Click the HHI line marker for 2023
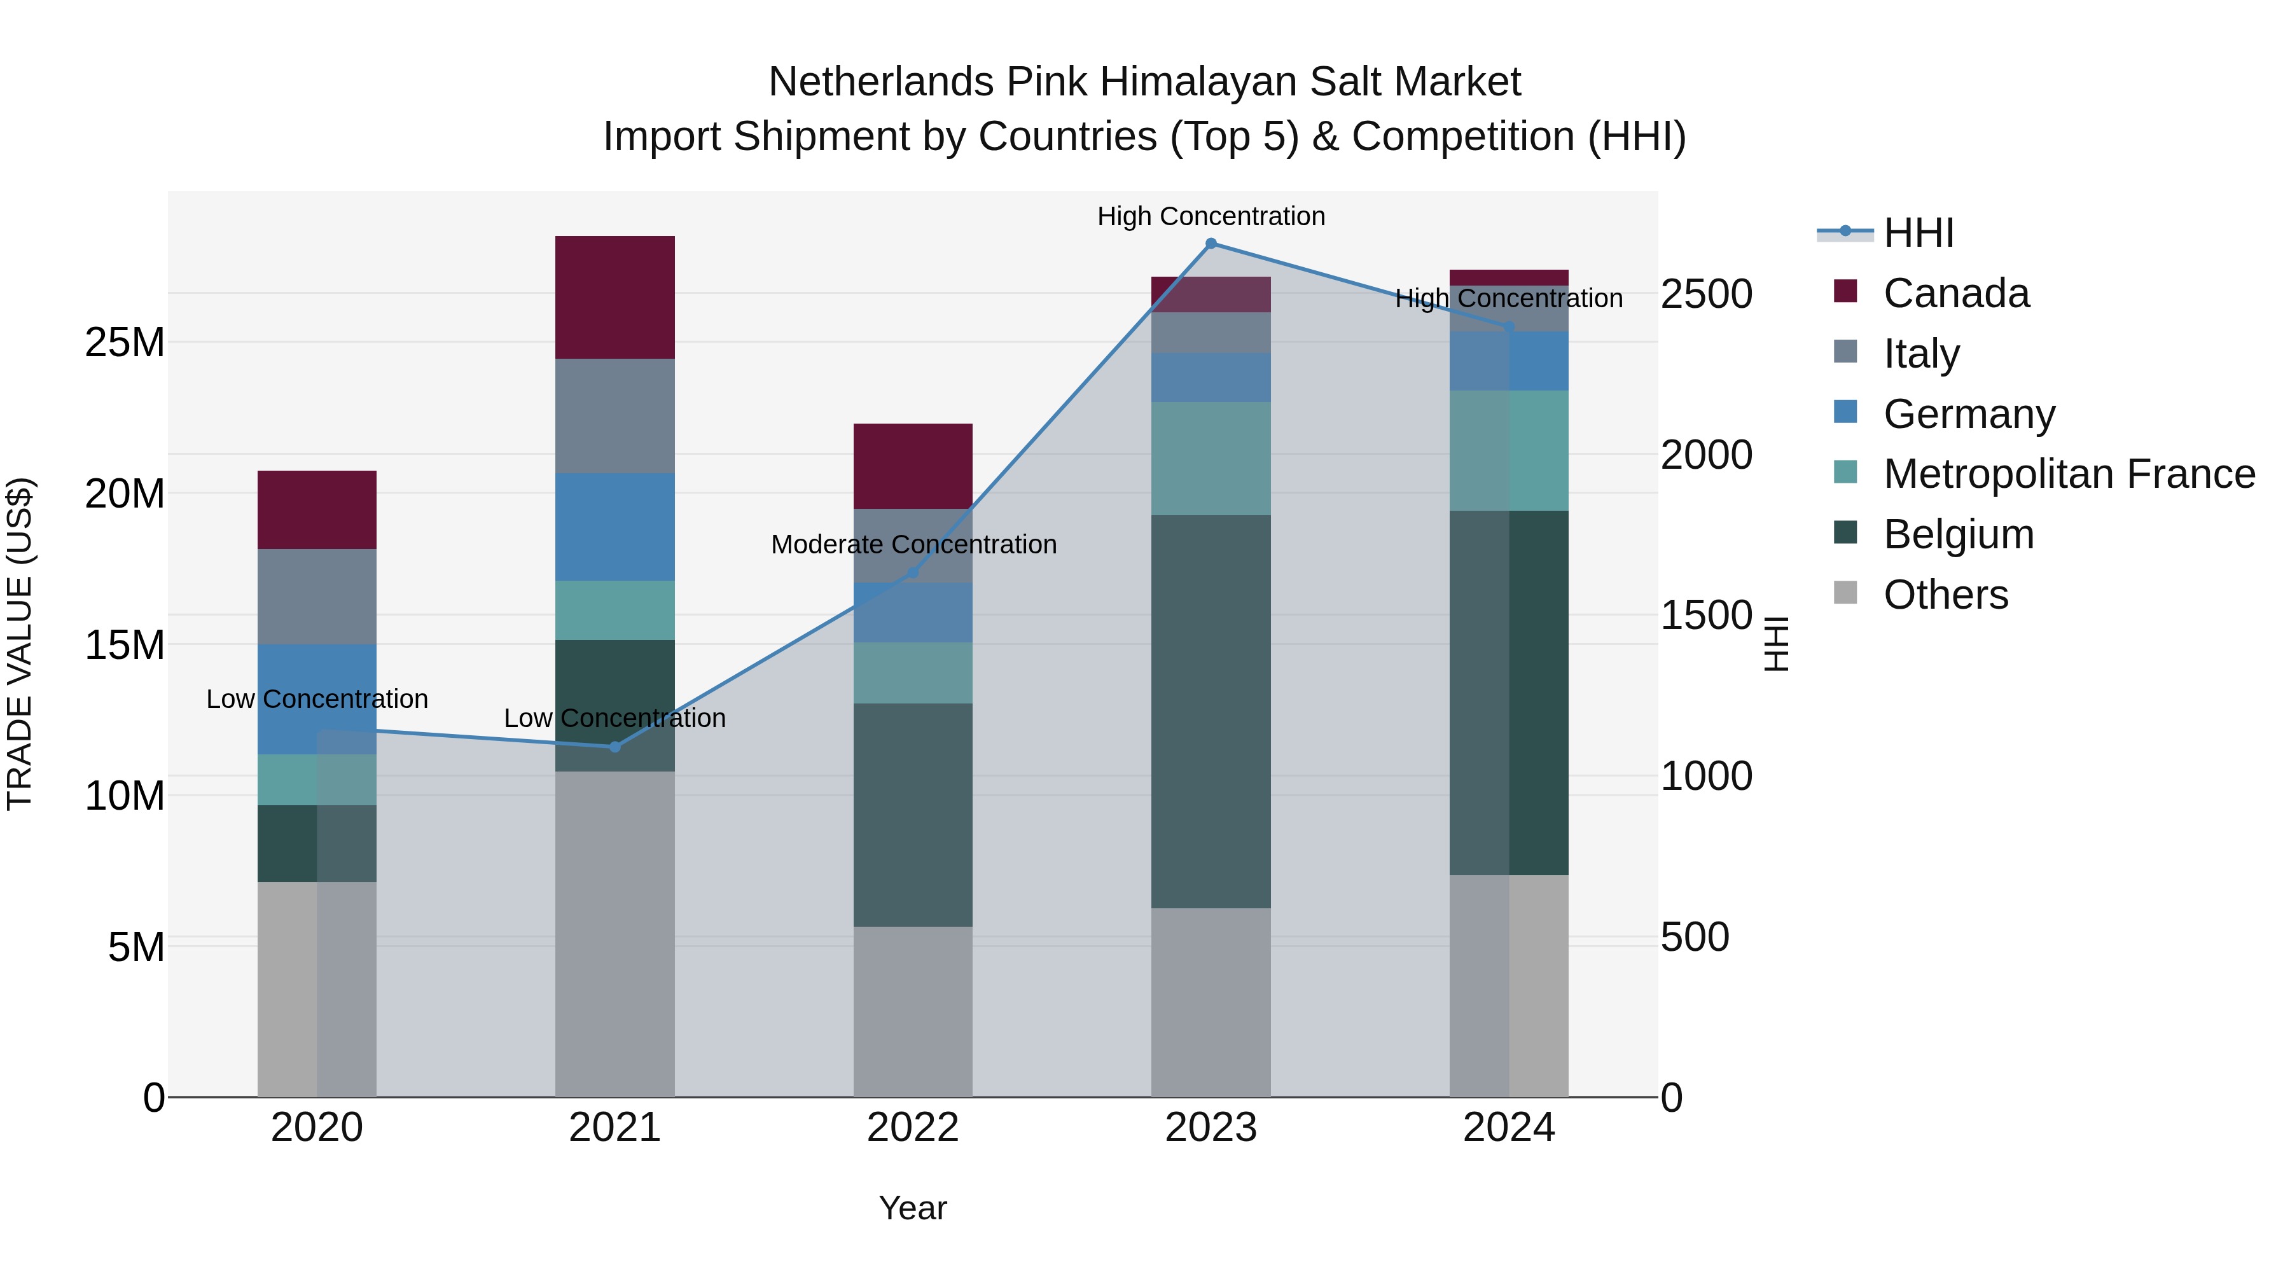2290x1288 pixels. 1211,244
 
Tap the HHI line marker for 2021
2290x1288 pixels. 614,747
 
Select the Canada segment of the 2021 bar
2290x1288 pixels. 614,297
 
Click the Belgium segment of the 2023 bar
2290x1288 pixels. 1211,711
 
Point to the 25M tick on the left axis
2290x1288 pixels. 125,342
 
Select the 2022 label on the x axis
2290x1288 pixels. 913,1128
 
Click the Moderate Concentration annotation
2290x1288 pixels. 913,544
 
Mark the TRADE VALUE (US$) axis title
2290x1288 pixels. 20,644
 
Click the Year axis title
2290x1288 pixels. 913,1208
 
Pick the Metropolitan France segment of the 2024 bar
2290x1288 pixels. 1509,451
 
